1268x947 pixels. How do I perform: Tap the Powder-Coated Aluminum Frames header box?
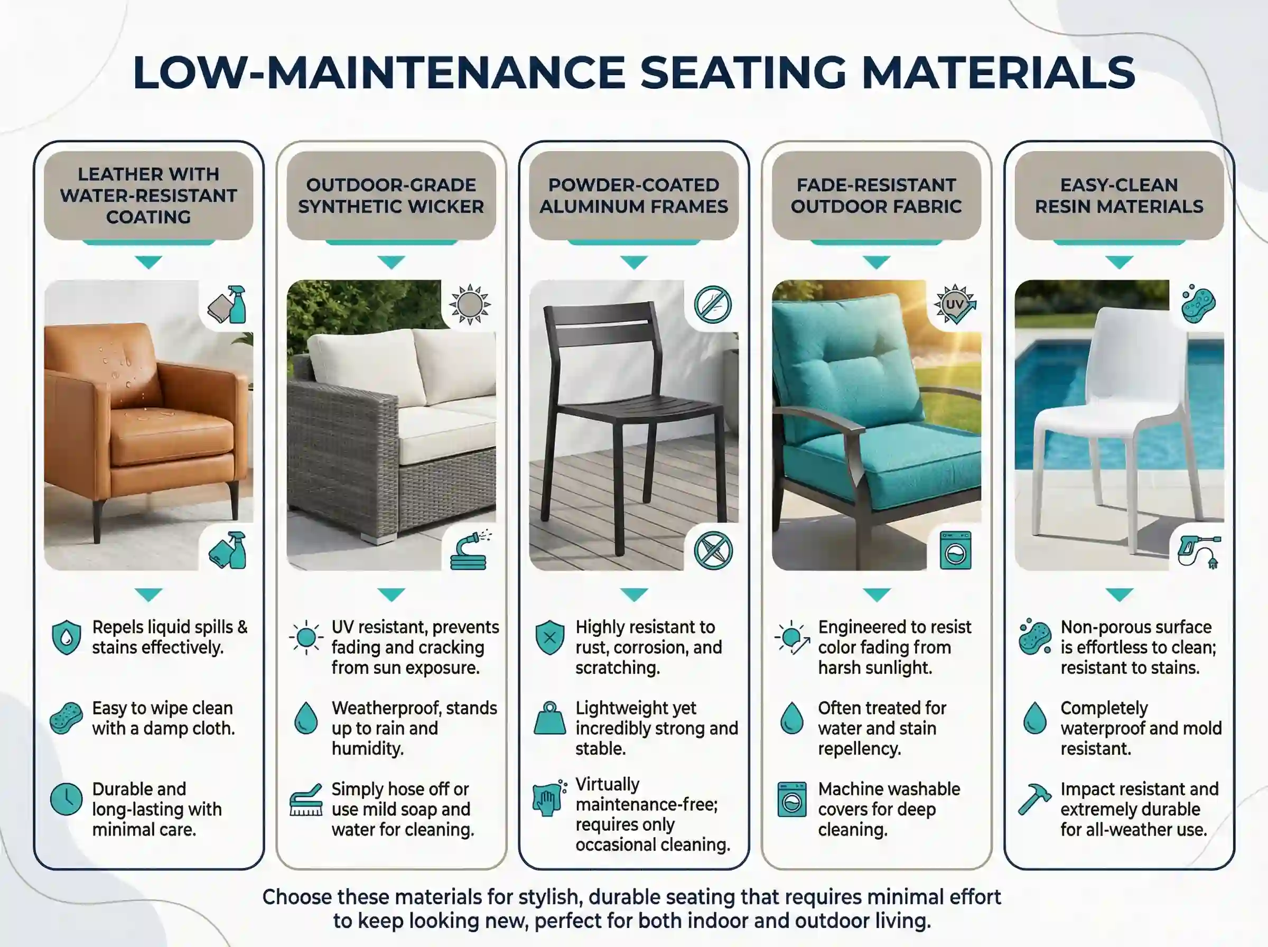pos(633,196)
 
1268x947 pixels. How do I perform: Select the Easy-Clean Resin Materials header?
pos(1119,196)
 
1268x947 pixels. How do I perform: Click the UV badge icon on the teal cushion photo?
pos(955,304)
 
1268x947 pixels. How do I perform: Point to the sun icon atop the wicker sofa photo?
pos(470,304)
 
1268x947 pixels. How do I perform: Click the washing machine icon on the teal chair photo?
pos(955,550)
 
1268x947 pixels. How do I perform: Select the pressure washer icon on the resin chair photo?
pos(1199,551)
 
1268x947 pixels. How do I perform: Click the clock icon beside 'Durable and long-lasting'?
pos(67,799)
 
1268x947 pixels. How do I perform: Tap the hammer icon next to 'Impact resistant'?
pos(1034,799)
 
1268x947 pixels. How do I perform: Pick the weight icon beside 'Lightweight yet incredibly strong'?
pos(549,718)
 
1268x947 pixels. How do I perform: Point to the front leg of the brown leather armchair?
pos(97,521)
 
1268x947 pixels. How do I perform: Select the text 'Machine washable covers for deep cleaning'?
pos(889,809)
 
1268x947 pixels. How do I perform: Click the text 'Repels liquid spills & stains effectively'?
pos(170,637)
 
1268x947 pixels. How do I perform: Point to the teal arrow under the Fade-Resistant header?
pos(876,262)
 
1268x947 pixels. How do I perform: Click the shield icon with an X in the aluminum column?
pos(549,637)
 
